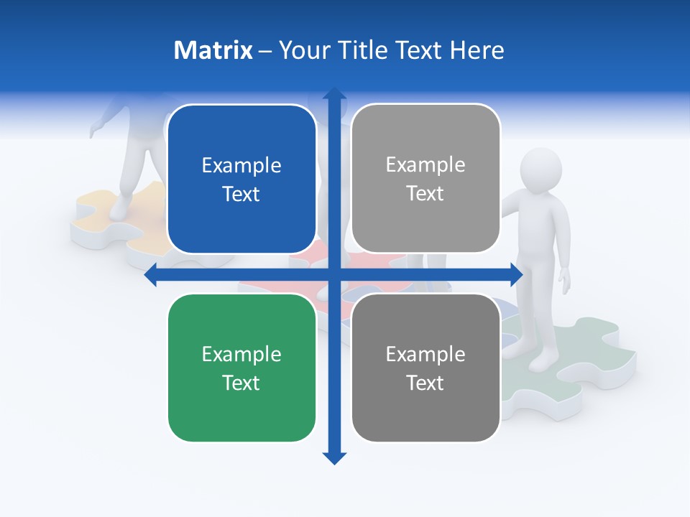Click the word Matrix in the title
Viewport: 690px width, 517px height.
213,50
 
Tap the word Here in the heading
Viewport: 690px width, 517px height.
477,50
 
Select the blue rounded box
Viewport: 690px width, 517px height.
241,180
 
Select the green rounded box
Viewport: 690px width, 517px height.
241,368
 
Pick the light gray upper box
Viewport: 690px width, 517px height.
425,179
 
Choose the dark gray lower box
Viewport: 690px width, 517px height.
425,368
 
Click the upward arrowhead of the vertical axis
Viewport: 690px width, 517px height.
334,95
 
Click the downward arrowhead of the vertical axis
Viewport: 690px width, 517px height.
334,457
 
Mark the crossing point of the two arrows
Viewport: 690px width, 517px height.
334,274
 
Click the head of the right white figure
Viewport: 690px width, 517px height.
540,171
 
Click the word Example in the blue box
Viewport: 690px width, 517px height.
241,166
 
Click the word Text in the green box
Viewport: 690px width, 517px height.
241,383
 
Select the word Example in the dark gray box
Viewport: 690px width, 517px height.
425,354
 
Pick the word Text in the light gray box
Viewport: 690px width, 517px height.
425,194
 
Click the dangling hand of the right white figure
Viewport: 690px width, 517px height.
566,282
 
